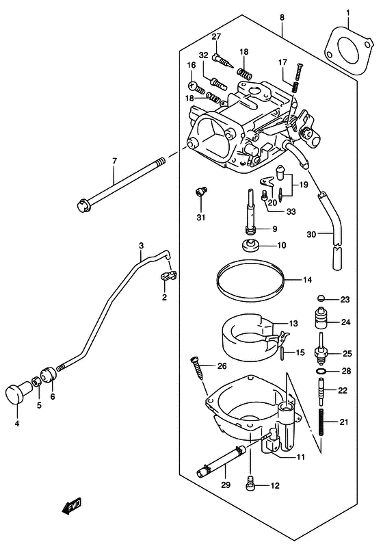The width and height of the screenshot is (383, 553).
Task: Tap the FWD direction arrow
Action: click(71, 506)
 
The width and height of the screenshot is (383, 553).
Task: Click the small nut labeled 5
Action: click(36, 381)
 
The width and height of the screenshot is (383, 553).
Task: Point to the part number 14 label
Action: click(307, 280)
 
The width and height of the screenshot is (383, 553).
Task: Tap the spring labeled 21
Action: click(321, 422)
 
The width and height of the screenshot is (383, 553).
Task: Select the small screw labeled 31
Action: click(201, 192)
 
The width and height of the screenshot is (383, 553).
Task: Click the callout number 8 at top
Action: click(282, 17)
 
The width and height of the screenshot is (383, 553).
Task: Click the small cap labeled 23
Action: click(321, 298)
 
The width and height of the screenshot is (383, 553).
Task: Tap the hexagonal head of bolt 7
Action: click(83, 205)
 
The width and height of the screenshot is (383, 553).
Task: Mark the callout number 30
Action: click(311, 234)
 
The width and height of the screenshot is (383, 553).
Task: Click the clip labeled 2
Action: click(169, 276)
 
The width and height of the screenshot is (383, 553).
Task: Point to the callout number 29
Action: click(226, 485)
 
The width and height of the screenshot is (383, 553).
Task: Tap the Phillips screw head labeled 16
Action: click(193, 86)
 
